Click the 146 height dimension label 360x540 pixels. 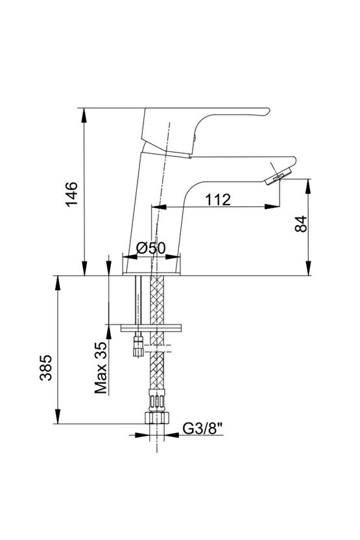point(72,194)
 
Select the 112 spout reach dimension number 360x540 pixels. point(218,199)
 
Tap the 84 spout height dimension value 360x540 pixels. point(301,224)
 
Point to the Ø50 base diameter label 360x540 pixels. point(150,248)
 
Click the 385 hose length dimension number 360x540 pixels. point(46,367)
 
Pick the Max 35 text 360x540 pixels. point(101,367)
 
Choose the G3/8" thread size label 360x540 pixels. point(203,429)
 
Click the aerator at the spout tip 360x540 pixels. point(278,177)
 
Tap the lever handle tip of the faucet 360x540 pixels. point(267,112)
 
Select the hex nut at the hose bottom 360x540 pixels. point(156,417)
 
